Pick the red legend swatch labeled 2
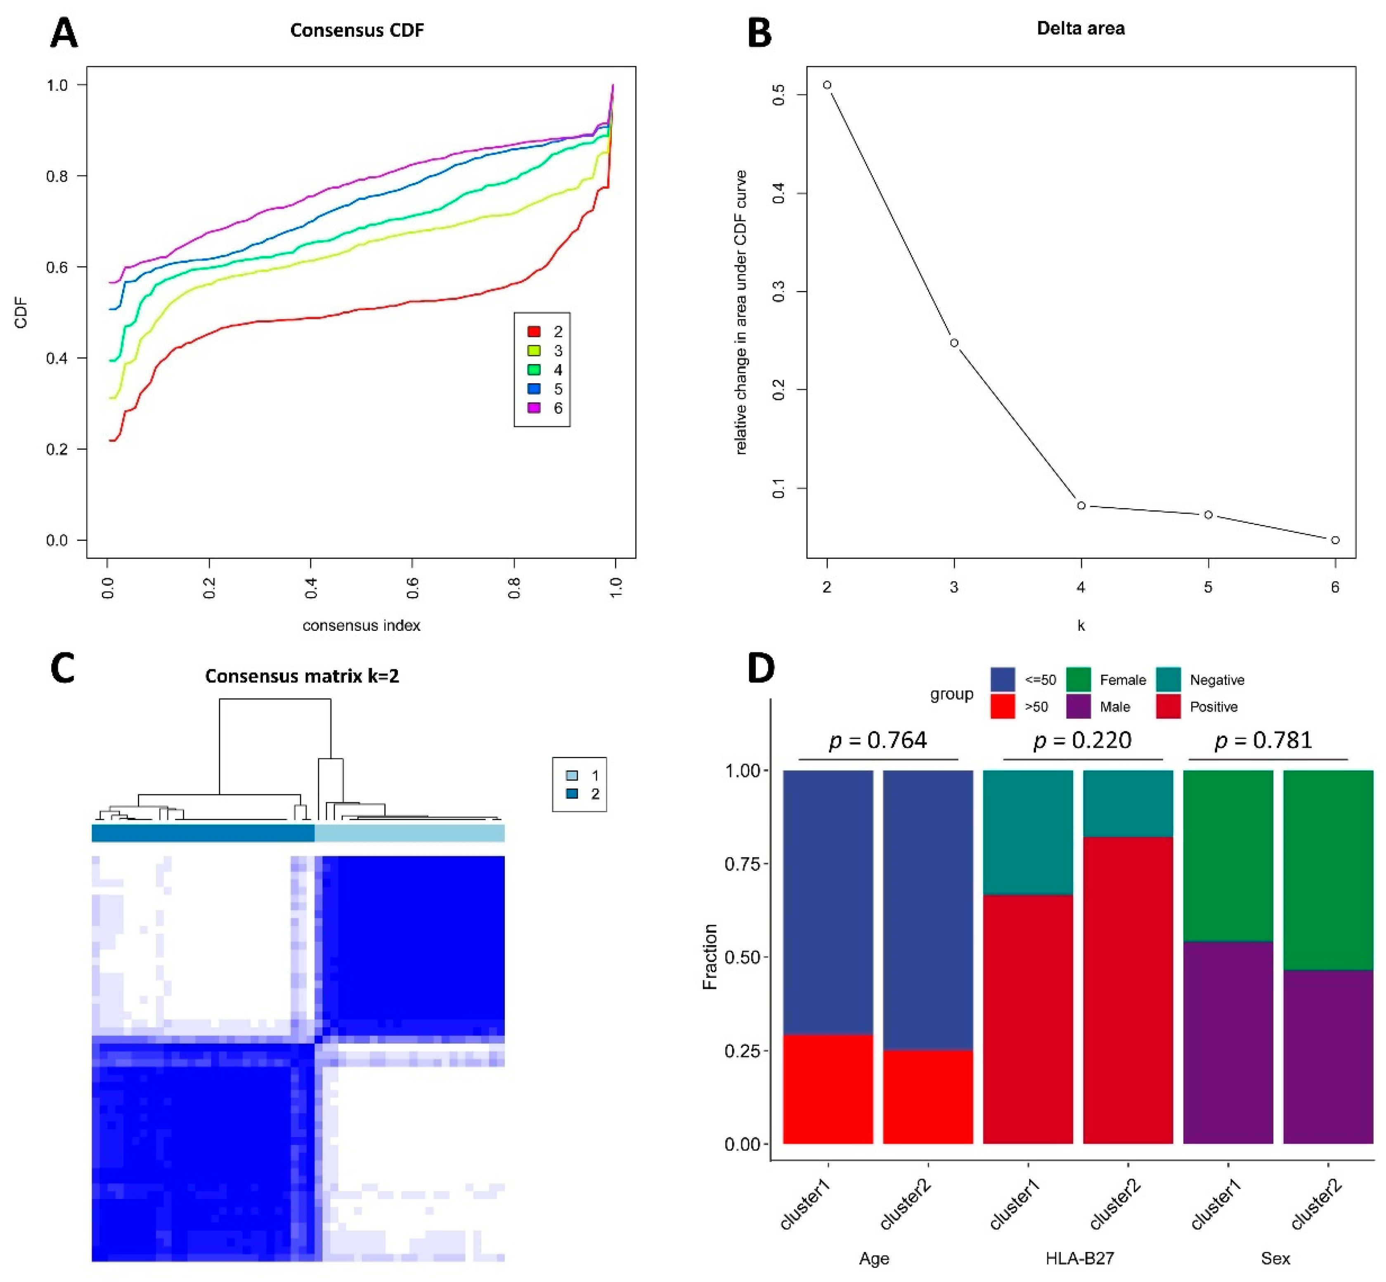click(x=534, y=332)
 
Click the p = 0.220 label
click(x=1082, y=740)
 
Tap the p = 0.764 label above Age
click(x=878, y=740)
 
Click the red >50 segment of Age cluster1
click(x=828, y=1089)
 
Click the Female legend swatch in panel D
click(x=1078, y=679)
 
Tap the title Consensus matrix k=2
click(x=302, y=676)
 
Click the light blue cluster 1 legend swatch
click(x=572, y=775)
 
